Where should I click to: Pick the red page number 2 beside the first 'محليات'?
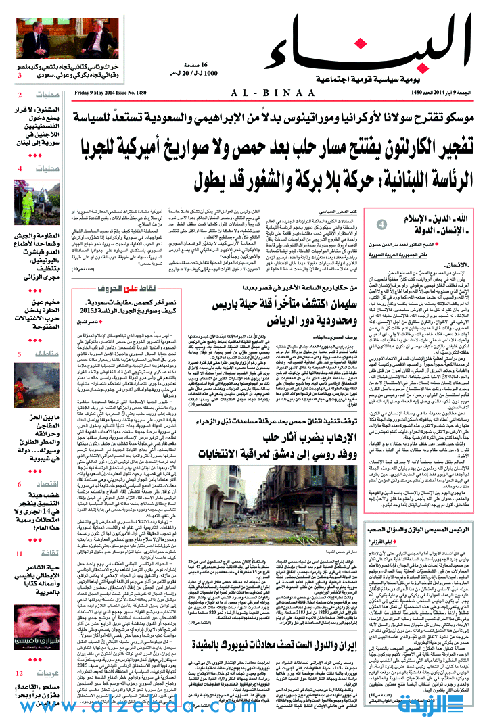20,95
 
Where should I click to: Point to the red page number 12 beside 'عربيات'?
20,673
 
